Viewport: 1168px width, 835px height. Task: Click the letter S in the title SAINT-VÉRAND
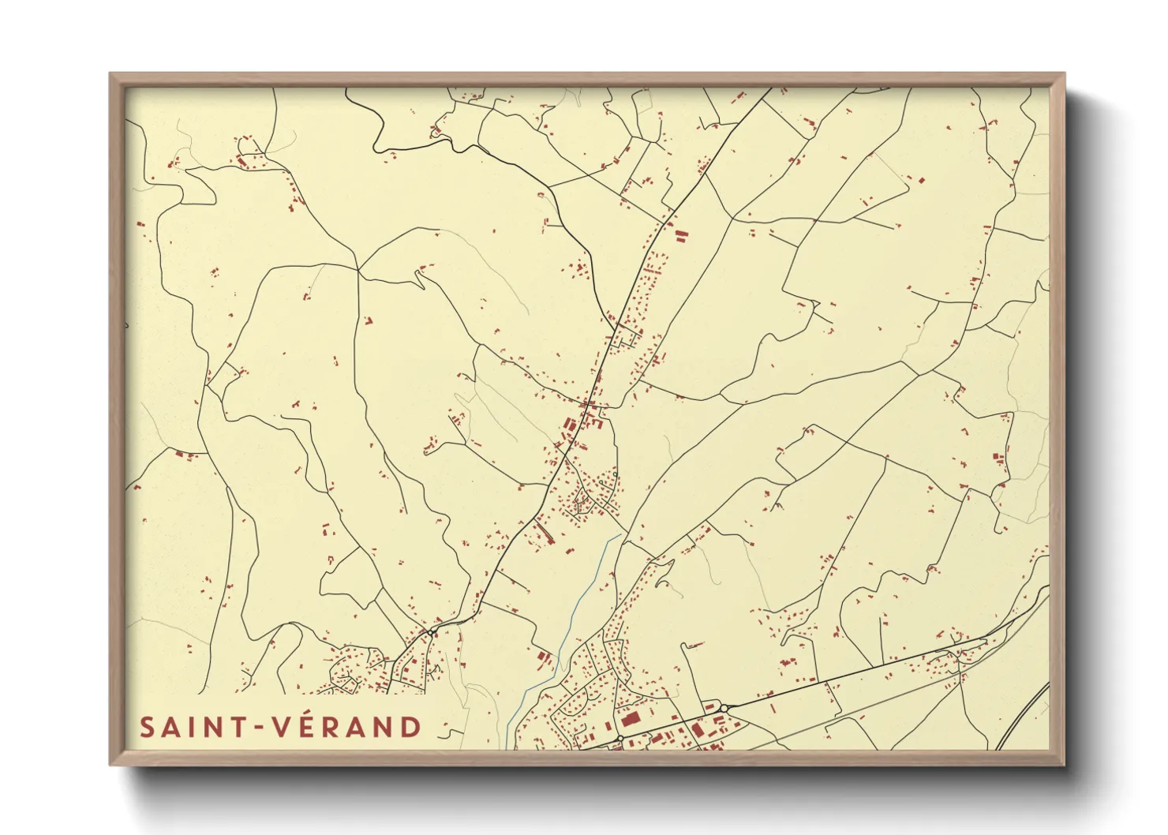147,728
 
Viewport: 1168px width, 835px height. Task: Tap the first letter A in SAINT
173,728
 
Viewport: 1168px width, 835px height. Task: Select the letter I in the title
193,728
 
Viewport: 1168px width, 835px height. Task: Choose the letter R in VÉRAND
333,728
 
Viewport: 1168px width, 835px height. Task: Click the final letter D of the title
410,728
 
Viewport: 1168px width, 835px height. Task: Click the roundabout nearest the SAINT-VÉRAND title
431,633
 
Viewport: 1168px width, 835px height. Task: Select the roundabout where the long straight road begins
723,708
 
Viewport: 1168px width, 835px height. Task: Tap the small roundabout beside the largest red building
620,739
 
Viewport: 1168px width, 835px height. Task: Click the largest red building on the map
630,719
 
